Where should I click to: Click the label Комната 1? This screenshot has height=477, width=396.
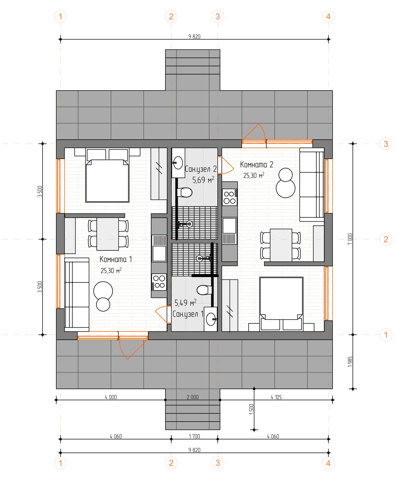point(115,259)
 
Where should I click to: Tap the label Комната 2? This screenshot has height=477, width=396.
point(256,165)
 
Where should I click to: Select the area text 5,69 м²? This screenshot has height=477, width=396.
point(203,180)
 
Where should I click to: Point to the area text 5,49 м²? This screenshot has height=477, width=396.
point(185,303)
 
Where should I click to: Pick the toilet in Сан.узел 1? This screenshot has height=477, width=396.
point(204,290)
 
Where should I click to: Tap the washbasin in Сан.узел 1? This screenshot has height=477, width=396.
point(211,319)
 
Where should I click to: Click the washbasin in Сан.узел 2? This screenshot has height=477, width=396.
point(178,162)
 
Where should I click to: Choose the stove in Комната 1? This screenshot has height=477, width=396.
point(159,282)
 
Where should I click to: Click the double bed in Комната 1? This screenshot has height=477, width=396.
point(107,176)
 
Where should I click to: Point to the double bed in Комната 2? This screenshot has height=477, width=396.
point(281,303)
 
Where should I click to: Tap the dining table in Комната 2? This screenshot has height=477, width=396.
point(281,245)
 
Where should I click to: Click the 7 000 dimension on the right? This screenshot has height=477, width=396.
point(350,239)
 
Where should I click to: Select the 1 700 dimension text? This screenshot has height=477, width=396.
point(194,436)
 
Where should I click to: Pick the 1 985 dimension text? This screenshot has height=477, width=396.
point(350,362)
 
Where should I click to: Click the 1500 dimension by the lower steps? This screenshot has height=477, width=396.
point(251,409)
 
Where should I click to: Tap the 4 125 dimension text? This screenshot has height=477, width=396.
point(276,397)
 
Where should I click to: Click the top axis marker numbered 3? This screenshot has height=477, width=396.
point(217,16)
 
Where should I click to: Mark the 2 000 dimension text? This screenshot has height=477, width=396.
point(193,397)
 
